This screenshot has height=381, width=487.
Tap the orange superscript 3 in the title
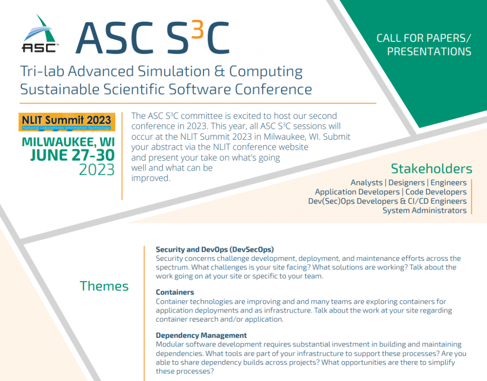pos(197,29)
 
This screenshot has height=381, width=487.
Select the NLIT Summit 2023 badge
pos(67,122)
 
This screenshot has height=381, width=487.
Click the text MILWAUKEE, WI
pos(68,142)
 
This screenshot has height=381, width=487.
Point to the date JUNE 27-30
pos(73,155)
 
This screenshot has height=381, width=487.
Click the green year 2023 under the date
pos(97,170)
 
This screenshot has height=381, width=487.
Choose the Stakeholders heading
pos(431,169)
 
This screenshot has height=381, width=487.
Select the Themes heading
pos(104,286)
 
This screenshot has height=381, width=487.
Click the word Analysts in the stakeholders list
pos(367,183)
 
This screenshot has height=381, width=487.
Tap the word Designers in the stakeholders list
pos(407,182)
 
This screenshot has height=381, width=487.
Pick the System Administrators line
pos(425,210)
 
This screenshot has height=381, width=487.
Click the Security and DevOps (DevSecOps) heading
pos(214,249)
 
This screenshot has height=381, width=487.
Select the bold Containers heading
pos(175,292)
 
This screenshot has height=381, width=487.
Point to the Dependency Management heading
pos(201,335)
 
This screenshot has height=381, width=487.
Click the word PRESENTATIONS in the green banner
pos(429,51)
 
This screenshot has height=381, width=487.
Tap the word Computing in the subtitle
pos(266,72)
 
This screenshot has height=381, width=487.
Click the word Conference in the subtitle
pos(273,89)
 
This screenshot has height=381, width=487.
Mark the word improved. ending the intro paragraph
pos(151,179)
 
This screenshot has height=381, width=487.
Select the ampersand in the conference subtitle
pos(220,71)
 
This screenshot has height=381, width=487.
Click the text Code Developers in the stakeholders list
pos(436,192)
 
